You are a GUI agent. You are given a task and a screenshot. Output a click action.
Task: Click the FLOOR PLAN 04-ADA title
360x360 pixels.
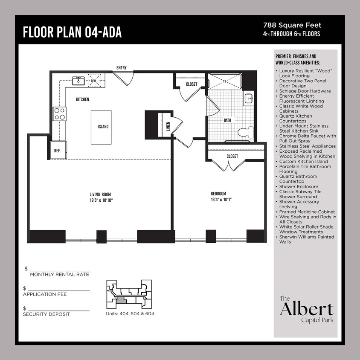click(72, 32)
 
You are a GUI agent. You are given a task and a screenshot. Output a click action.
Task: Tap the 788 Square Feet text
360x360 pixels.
click(292, 26)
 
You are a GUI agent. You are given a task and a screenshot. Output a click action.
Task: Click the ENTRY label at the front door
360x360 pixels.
click(122, 68)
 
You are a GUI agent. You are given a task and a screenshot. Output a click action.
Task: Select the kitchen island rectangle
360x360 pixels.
click(101, 127)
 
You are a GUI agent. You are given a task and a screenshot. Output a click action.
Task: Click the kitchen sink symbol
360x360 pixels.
click(78, 81)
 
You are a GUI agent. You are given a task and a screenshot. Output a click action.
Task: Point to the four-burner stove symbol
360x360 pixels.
click(60, 113)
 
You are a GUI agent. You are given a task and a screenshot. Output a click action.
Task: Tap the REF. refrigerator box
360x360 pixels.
click(58, 150)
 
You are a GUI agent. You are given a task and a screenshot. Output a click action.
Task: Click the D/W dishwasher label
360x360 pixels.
click(93, 80)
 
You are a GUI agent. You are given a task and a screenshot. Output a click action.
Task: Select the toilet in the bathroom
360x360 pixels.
click(245, 132)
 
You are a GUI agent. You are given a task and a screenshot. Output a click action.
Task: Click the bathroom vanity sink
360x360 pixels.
click(249, 99)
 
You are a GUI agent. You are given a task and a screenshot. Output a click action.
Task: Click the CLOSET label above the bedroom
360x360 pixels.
click(232, 157)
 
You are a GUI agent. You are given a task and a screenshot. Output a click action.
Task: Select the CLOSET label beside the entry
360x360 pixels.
click(192, 84)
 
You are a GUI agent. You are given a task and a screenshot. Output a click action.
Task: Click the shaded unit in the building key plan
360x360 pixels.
click(121, 300)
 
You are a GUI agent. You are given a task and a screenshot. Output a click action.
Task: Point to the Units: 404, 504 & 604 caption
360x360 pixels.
click(130, 314)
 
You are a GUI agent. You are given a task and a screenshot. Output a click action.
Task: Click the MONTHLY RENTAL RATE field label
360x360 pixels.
click(59, 274)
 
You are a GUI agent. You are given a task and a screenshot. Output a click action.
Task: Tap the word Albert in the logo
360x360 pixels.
click(306, 309)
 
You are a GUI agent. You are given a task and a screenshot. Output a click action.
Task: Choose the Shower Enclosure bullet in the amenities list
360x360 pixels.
click(299, 186)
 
